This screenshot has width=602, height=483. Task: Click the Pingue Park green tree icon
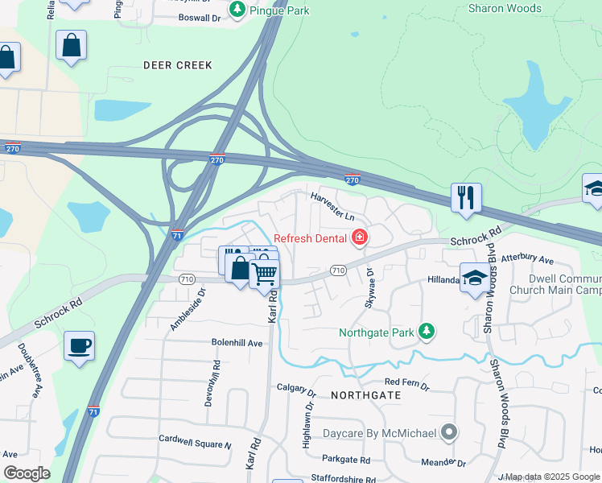[237, 9]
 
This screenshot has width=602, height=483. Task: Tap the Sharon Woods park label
[505, 9]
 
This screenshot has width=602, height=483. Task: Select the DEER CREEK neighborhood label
[177, 65]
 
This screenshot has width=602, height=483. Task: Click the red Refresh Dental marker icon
[359, 237]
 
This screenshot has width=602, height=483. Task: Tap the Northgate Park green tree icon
[426, 332]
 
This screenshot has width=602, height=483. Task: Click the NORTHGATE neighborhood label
[365, 395]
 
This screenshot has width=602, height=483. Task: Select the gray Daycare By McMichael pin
[449, 433]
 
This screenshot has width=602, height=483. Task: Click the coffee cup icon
[79, 346]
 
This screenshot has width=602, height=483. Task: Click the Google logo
[26, 473]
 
